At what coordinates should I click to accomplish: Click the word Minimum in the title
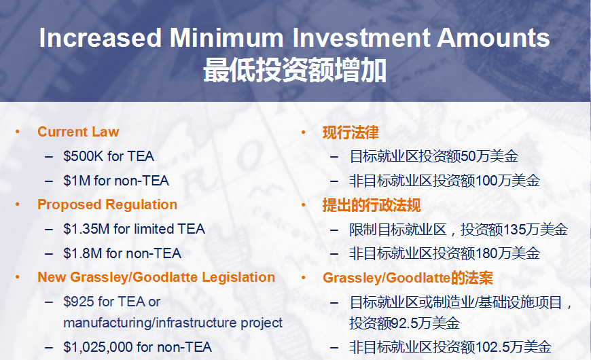226,37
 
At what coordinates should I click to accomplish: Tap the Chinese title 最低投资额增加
295,70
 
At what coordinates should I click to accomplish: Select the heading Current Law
78,132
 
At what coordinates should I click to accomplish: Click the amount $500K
83,156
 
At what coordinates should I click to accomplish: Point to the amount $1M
77,181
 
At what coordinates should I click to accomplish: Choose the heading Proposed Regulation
107,204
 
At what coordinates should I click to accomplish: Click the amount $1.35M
86,229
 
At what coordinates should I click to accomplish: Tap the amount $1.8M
83,253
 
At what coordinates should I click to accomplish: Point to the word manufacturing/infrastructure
150,323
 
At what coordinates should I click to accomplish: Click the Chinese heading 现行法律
351,132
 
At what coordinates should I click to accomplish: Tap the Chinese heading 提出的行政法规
372,205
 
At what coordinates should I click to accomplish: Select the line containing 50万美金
434,156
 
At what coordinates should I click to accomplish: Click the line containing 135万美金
459,230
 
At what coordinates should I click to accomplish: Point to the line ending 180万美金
445,253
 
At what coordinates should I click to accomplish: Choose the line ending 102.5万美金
450,347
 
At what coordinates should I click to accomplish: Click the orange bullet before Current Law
18,132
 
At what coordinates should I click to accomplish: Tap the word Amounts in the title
493,37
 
